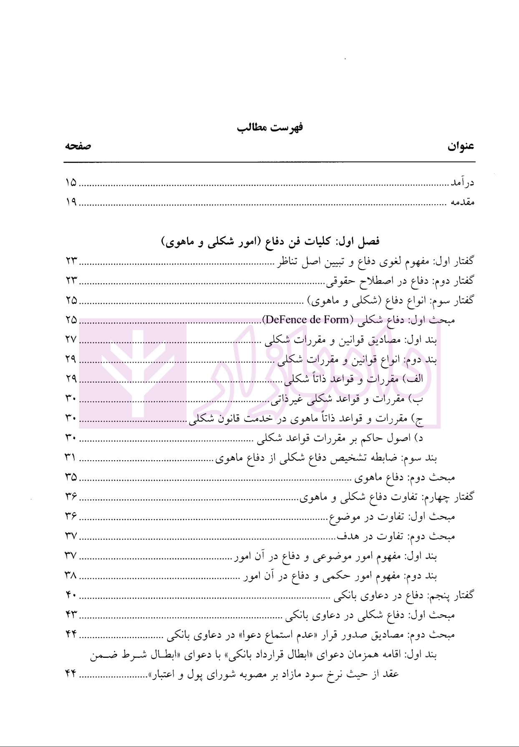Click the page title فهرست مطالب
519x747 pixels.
pos(270,127)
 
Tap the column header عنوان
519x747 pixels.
pos(461,147)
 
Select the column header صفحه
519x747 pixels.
pos(78,146)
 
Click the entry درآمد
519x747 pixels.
pos(461,183)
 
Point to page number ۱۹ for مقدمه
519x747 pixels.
pos(71,203)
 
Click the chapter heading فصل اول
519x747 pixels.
pos(270,242)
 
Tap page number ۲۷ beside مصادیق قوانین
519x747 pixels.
pos(71,339)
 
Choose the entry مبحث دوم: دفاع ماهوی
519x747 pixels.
pos(405,477)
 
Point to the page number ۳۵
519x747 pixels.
pos(71,477)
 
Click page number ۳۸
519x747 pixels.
pos(71,575)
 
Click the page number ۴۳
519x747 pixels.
pos(71,615)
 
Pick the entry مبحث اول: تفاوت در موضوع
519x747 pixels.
pos(392,517)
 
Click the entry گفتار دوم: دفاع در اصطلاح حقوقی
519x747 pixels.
pos(400,281)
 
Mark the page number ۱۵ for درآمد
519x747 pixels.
pos(71,183)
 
